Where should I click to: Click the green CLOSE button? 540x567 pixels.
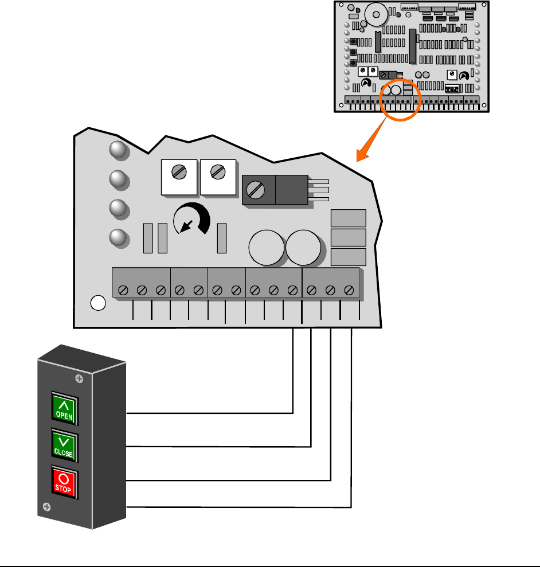click(x=64, y=444)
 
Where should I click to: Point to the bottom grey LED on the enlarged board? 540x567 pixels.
click(x=118, y=238)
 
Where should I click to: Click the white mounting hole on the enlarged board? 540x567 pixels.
click(x=99, y=303)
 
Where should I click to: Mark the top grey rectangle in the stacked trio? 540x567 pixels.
click(x=349, y=218)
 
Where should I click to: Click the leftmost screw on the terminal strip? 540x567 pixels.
click(x=123, y=291)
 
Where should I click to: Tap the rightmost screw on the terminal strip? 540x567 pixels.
click(x=349, y=291)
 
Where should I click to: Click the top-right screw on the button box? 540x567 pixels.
click(x=79, y=378)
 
